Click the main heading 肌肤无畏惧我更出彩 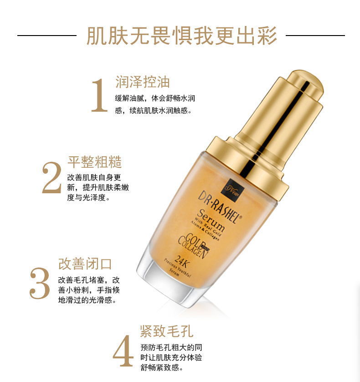[x=181, y=36]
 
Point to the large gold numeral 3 [x=40, y=284]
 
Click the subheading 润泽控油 [x=142, y=82]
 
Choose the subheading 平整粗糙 [x=95, y=162]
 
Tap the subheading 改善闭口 [x=85, y=264]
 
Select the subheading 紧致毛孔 [x=167, y=330]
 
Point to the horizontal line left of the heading [x=46, y=35]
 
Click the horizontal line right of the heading [x=315, y=35]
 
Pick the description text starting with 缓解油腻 [x=155, y=104]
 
